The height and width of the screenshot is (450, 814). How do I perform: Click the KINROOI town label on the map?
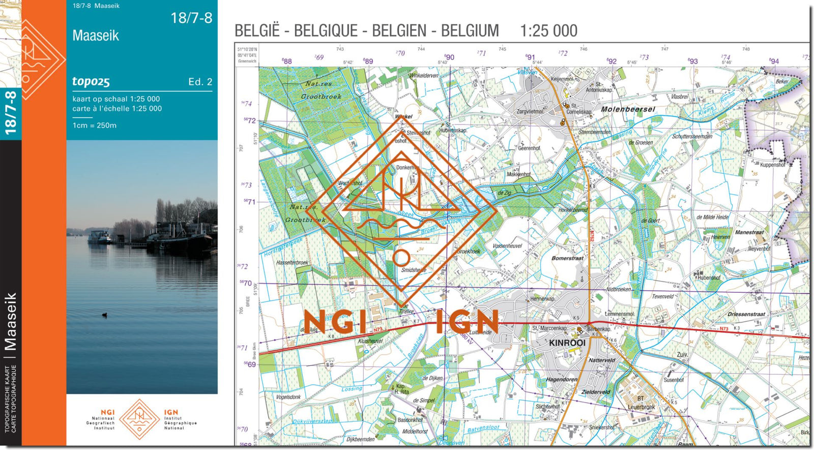pos(567,343)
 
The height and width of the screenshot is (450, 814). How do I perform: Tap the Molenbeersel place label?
pos(628,109)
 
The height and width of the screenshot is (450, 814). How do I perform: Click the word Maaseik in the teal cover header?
pos(96,36)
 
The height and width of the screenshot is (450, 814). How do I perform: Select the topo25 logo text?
pos(91,81)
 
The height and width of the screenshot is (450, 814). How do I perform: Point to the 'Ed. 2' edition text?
pos(200,81)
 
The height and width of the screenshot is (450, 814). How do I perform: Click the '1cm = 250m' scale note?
pos(94,125)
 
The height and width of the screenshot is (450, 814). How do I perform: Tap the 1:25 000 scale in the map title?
pos(548,31)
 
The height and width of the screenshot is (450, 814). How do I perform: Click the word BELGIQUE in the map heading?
pos(326,31)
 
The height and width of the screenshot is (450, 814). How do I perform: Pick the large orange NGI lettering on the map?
pos(334,322)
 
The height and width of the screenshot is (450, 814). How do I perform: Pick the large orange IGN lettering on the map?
pos(467,322)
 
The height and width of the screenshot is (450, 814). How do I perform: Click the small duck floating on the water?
pos(105,315)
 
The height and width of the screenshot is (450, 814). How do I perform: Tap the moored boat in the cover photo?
pos(100,237)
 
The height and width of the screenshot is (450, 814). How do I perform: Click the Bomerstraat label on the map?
pos(567,258)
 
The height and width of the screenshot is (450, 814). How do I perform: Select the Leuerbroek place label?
pos(641,407)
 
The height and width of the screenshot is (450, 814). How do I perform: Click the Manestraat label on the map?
pos(749,232)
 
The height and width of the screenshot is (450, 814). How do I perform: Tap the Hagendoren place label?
pos(561,379)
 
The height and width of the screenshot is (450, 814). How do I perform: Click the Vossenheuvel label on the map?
pos(507,246)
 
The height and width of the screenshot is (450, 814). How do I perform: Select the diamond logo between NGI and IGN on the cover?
pos(139,419)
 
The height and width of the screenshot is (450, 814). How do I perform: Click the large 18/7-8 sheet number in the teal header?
pos(191,18)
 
